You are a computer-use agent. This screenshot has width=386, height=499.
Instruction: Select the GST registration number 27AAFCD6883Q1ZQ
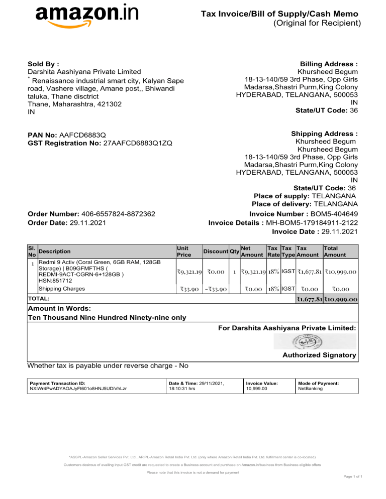[x=138, y=144]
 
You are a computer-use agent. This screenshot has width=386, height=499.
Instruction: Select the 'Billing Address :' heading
[x=329, y=65]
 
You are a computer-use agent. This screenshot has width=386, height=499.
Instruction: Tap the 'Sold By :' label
[x=44, y=65]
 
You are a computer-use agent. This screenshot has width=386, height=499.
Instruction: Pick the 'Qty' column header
[x=234, y=252]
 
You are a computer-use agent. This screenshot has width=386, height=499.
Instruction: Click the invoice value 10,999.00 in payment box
[x=256, y=389]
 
